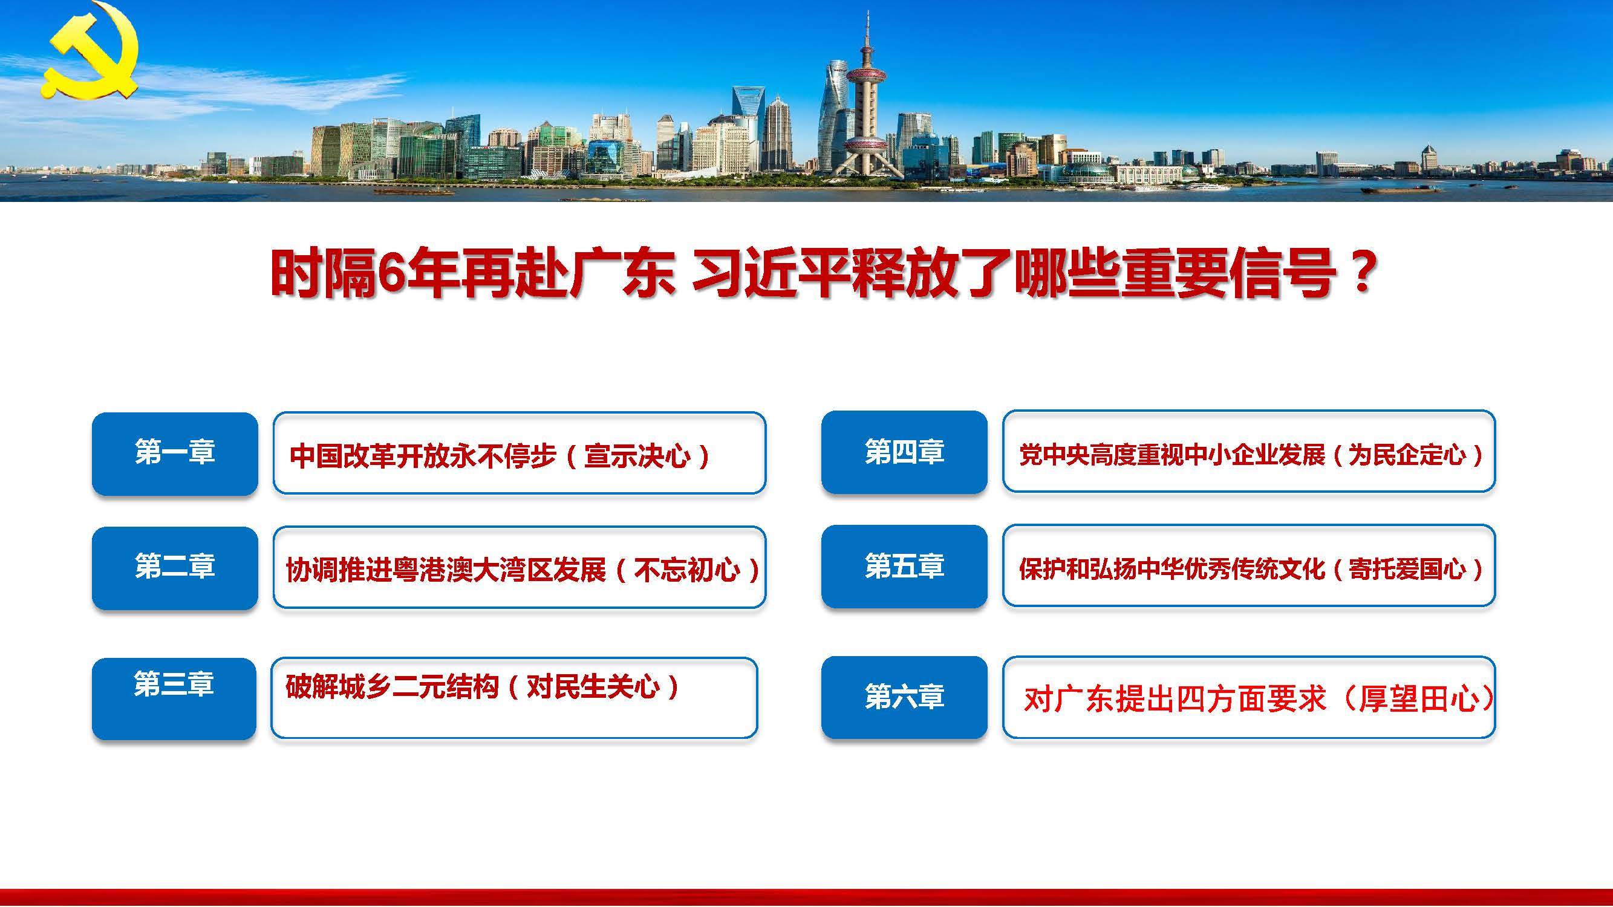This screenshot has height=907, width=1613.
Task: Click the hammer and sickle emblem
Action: tap(91, 51)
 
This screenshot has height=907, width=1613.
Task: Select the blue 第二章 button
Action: tap(175, 568)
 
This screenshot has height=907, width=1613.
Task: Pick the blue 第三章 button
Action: tap(174, 698)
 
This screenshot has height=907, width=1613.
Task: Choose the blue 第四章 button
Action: tap(904, 452)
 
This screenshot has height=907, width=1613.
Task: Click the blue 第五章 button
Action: tap(904, 566)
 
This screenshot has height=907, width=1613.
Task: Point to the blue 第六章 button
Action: tap(904, 697)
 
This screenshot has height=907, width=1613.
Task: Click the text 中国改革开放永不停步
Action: tap(423, 457)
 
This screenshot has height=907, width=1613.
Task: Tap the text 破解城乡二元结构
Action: tap(392, 687)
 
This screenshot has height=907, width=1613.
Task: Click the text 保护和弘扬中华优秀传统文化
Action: tap(1172, 569)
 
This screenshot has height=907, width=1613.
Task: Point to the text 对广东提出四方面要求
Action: tap(1175, 699)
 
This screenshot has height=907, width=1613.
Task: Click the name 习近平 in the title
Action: tap(772, 273)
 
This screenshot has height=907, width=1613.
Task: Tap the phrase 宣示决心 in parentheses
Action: tap(637, 457)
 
